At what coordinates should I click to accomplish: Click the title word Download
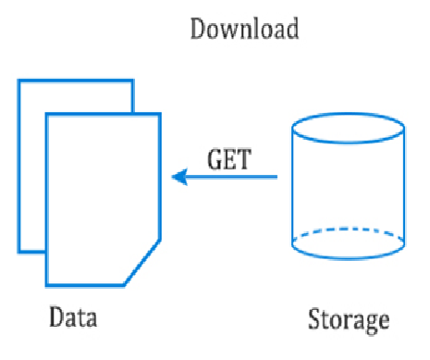tap(244, 29)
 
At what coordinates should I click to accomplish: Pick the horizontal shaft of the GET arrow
tap(231, 175)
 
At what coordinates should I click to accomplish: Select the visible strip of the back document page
tap(31, 167)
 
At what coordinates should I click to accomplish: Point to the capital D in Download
tap(198, 29)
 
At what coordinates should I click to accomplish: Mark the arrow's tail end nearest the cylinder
tap(276, 175)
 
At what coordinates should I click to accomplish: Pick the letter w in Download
tap(235, 30)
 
